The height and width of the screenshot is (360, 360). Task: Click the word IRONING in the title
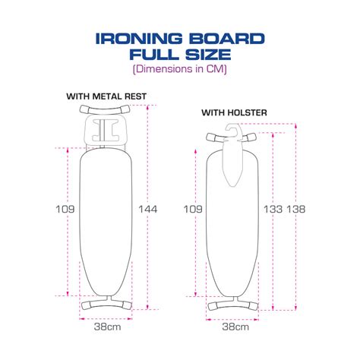point(139,39)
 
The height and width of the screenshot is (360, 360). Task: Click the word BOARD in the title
point(227,39)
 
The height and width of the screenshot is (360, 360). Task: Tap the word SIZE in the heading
point(208,55)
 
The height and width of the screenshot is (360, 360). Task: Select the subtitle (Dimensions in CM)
point(180,69)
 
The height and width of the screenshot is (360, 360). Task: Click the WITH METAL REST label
point(106,96)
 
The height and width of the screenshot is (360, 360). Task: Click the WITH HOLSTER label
point(234,112)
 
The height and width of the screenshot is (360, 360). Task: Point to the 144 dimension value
point(148,210)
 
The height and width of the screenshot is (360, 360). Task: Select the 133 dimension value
point(273,210)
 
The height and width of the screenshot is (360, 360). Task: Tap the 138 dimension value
point(296,210)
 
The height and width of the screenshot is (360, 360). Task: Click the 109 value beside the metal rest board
point(65,210)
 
